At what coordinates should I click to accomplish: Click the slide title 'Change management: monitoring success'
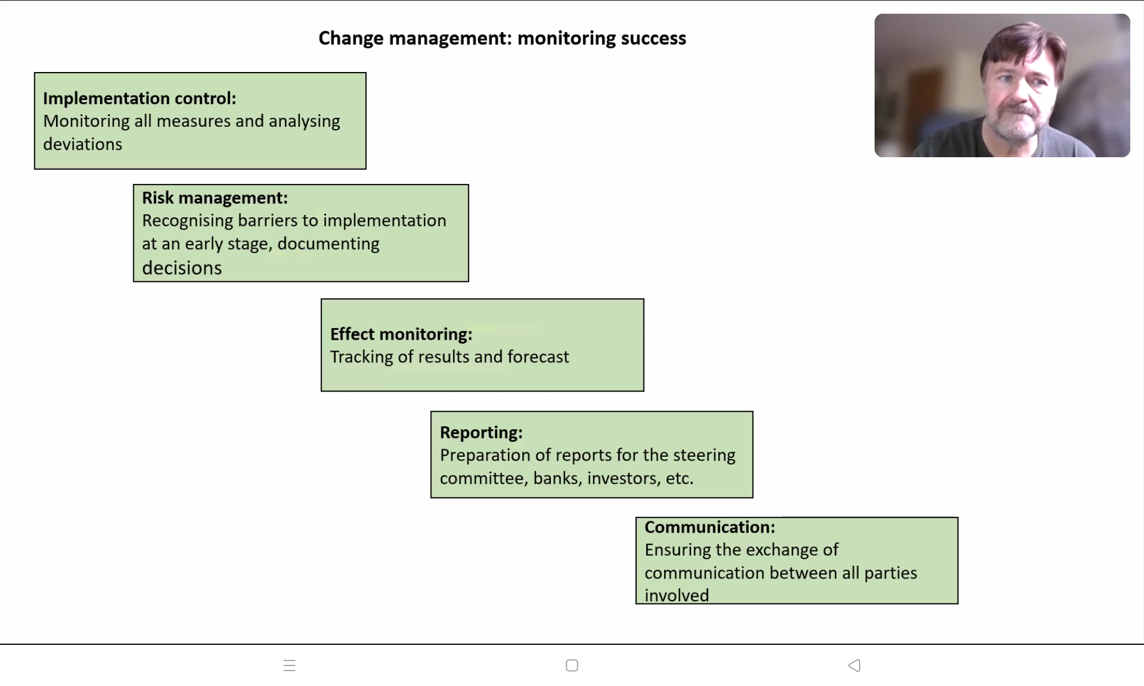click(x=502, y=38)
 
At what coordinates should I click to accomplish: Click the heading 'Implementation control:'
click(x=140, y=98)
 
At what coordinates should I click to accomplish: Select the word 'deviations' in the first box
click(x=83, y=144)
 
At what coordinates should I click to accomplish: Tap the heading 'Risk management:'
click(x=215, y=198)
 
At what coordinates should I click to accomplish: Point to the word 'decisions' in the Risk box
click(x=182, y=268)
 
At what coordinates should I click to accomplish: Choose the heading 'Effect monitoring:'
click(x=401, y=334)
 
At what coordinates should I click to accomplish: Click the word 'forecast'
click(x=538, y=357)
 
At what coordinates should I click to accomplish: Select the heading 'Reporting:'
click(x=481, y=433)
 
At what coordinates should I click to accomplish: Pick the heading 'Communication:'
click(x=710, y=527)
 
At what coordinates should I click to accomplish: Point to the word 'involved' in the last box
click(x=677, y=595)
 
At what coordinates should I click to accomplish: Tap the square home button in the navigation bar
click(x=572, y=665)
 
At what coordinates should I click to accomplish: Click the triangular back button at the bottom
click(x=855, y=665)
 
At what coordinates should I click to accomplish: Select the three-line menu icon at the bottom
click(x=289, y=665)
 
